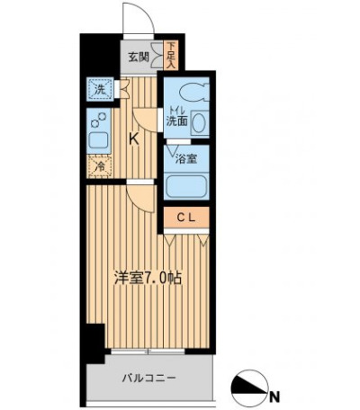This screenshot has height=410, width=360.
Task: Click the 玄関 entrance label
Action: [139, 57]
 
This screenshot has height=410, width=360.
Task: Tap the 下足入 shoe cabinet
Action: [171, 56]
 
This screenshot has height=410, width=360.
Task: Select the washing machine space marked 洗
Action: [101, 90]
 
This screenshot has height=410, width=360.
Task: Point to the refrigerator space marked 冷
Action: [100, 166]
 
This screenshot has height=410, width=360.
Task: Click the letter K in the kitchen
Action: [134, 139]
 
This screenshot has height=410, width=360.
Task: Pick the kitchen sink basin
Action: [98, 139]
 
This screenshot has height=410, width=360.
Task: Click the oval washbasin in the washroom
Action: [199, 123]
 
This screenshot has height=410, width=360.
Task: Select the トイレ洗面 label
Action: [177, 117]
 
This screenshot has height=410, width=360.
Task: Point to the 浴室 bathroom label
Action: [186, 159]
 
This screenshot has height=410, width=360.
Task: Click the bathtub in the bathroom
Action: [186, 187]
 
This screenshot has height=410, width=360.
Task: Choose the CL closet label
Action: [185, 218]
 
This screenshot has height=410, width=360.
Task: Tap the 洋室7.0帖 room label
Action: [148, 279]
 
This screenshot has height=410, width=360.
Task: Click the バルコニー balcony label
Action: [148, 378]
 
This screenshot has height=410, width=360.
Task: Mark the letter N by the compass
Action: [274, 396]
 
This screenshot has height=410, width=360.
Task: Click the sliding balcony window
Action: [148, 352]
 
